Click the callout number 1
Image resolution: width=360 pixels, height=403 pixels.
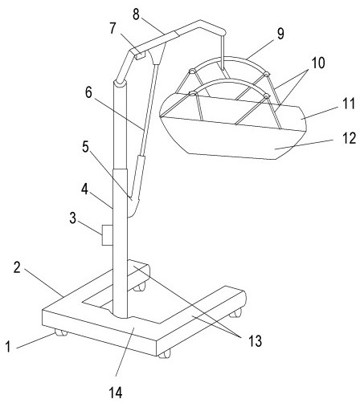coord(8,346)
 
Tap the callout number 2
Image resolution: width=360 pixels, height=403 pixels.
coord(17,267)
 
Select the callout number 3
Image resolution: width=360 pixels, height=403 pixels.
coord(73,218)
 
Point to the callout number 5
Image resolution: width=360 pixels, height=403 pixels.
coord(85,147)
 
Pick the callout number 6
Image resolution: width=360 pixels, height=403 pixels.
coord(88,92)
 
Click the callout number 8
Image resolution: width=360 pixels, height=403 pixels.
coord(136,14)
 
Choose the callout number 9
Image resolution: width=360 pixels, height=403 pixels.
coord(280,35)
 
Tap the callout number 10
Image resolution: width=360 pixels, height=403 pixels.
coord(318,63)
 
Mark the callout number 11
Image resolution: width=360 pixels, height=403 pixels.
coord(349,104)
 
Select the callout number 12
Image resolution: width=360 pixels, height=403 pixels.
coord(350,139)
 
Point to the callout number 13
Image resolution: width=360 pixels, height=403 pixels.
coord(255,341)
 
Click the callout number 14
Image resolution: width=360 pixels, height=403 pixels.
coord(116,393)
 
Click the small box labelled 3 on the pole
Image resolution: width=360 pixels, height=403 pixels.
coord(108,235)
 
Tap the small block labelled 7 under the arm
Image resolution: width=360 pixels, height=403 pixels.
coord(141,55)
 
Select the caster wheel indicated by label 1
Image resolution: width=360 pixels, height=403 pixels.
coord(61,332)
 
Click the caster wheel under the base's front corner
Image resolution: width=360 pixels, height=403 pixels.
coord(164,355)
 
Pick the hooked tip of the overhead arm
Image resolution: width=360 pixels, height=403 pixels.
coord(223,33)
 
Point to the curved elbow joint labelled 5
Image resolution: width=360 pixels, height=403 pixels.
coord(133,207)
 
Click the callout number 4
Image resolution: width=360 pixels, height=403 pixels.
coord(85,189)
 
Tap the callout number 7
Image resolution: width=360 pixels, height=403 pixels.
coord(113,29)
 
